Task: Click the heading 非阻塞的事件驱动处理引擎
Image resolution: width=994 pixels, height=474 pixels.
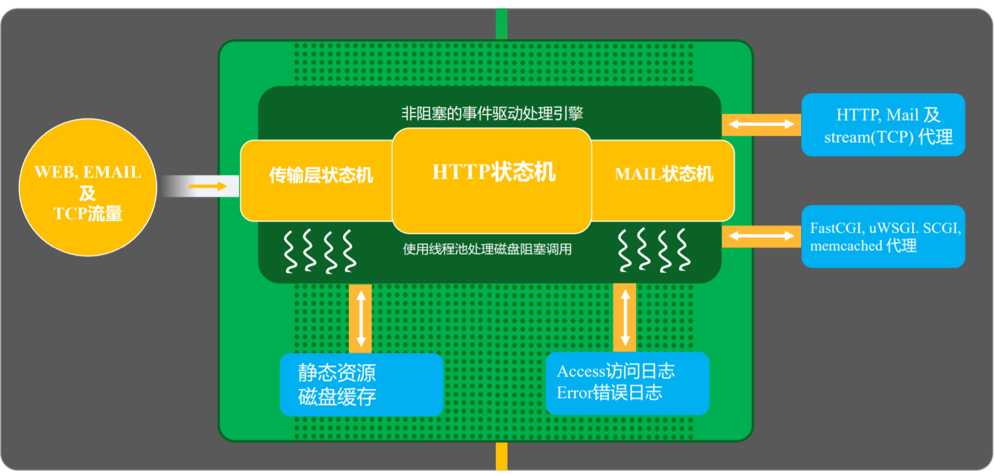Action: (492, 113)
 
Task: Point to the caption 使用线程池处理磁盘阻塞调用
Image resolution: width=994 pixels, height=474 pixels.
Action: (487, 248)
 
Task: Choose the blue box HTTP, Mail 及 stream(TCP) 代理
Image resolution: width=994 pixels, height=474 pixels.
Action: (883, 125)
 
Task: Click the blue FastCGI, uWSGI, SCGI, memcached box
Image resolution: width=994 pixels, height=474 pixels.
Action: (883, 236)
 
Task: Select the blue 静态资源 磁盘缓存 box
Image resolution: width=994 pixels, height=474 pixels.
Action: (361, 384)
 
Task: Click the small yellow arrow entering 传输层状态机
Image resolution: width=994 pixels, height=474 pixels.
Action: (208, 187)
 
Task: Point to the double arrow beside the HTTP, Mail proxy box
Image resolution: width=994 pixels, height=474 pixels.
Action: (761, 124)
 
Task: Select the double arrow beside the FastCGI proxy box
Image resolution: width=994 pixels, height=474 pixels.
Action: (761, 236)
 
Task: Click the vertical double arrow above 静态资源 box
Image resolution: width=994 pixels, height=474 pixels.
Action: (361, 317)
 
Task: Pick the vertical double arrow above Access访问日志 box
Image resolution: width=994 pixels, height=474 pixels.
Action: (625, 317)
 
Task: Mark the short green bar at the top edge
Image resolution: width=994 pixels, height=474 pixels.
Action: (502, 24)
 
